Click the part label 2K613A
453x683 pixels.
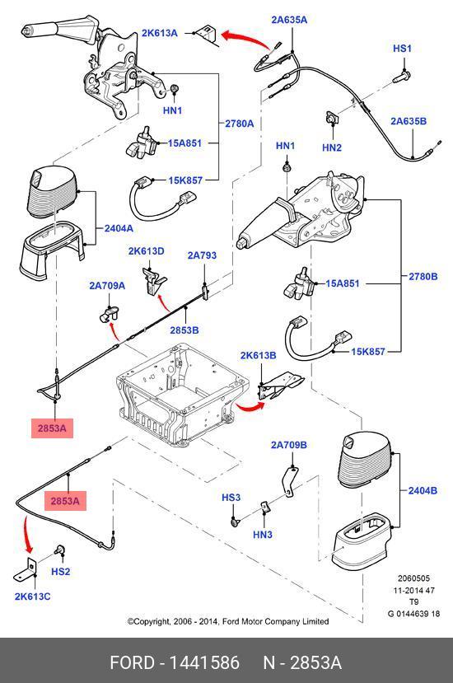(x=160, y=33)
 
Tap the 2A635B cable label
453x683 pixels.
(x=409, y=121)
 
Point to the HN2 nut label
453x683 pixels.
(x=331, y=147)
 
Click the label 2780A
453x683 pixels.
(x=239, y=124)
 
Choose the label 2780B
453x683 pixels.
(x=423, y=276)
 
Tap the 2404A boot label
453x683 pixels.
(x=119, y=228)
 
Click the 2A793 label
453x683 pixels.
(x=202, y=255)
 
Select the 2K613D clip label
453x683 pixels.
(x=146, y=251)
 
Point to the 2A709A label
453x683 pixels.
(x=107, y=286)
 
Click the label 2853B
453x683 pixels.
(x=184, y=330)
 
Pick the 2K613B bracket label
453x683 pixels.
(x=258, y=355)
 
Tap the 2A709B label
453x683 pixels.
(x=289, y=445)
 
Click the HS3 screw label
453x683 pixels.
(x=231, y=498)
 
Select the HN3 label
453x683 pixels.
(x=262, y=535)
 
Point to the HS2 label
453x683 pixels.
(x=61, y=572)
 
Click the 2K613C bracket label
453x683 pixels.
(x=32, y=596)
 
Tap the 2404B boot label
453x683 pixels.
(x=423, y=490)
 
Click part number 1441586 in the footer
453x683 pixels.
(x=204, y=662)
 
